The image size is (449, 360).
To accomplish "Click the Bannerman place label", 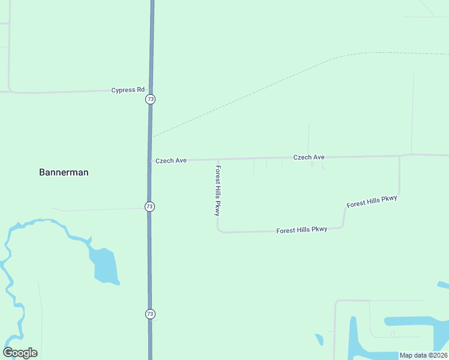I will coord(64,172).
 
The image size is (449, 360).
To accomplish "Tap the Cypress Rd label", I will coord(128,90).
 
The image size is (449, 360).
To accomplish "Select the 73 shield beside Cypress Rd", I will coord(150,99).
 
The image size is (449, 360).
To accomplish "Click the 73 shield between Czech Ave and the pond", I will coord(149,206).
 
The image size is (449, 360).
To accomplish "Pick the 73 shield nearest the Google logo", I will coord(150,314).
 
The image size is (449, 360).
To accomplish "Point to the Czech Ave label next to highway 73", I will coord(171,161).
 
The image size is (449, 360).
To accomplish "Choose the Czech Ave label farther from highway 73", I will coord(309,157).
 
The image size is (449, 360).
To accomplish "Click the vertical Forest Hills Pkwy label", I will coord(218,191).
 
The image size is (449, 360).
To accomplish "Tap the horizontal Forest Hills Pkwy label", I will coord(301,230).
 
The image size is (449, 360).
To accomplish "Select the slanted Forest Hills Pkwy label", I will coord(372,202).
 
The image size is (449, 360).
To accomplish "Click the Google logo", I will coord(20,353).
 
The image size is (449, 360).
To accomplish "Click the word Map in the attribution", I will coord(406,355).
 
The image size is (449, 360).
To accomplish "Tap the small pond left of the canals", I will coord(319,340).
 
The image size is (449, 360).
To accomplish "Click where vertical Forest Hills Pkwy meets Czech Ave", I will coord(217,160).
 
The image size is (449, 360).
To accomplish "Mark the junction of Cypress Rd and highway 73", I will coord(151,91).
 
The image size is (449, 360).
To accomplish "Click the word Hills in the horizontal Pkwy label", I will coord(302,230).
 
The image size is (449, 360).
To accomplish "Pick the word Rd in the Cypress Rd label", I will coord(140,90).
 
